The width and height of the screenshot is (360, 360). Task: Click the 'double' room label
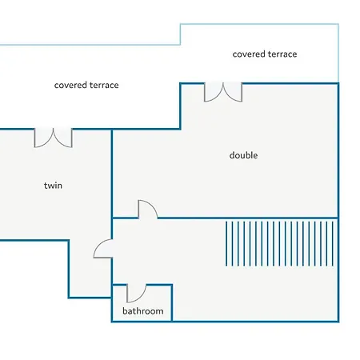tap(243, 155)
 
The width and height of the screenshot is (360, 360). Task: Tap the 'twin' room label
tap(53, 186)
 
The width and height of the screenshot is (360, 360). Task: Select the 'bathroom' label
tap(143, 311)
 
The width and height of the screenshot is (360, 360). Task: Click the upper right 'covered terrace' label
tap(265, 54)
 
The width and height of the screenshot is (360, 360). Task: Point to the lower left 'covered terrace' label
tap(86, 85)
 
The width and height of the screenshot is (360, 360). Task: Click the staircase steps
tap(279, 243)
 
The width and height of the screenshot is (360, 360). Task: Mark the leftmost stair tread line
tap(226, 243)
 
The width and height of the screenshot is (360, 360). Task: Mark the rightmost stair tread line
tap(333, 243)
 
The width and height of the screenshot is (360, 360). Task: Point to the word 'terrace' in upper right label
tap(282, 54)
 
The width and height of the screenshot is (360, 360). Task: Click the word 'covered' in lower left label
tap(70, 85)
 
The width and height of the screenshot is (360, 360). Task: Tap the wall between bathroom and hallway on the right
tap(172, 303)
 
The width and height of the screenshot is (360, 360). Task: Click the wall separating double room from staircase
tap(248, 218)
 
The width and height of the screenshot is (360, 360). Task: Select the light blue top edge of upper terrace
tap(259, 24)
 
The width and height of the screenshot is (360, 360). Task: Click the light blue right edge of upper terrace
tap(338, 54)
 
